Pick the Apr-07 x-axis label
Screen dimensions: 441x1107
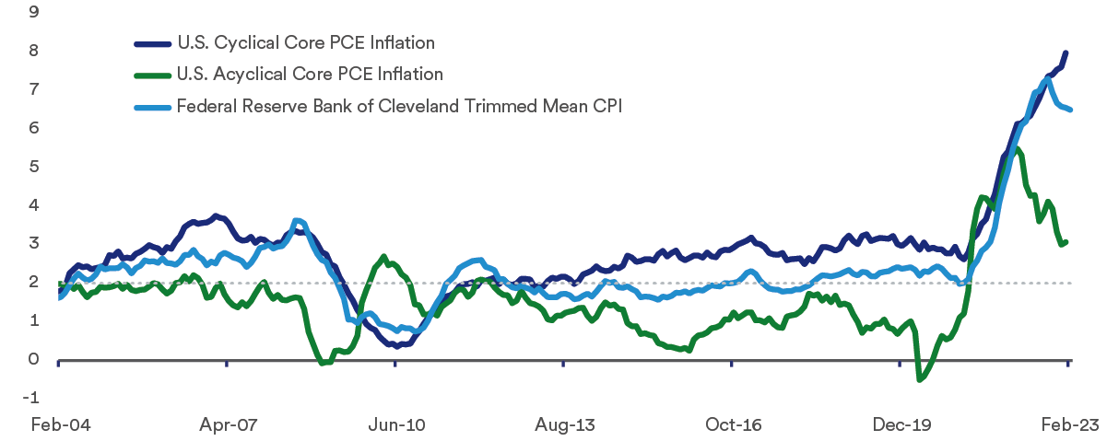coord(226,424)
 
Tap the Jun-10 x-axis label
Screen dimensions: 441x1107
coord(395,424)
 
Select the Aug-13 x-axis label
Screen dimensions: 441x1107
coord(563,424)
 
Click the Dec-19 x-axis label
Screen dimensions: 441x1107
coord(901,424)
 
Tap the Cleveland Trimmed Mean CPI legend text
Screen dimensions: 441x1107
coord(399,106)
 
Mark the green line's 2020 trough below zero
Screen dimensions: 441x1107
coord(919,378)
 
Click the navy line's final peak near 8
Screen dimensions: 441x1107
coord(1066,53)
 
